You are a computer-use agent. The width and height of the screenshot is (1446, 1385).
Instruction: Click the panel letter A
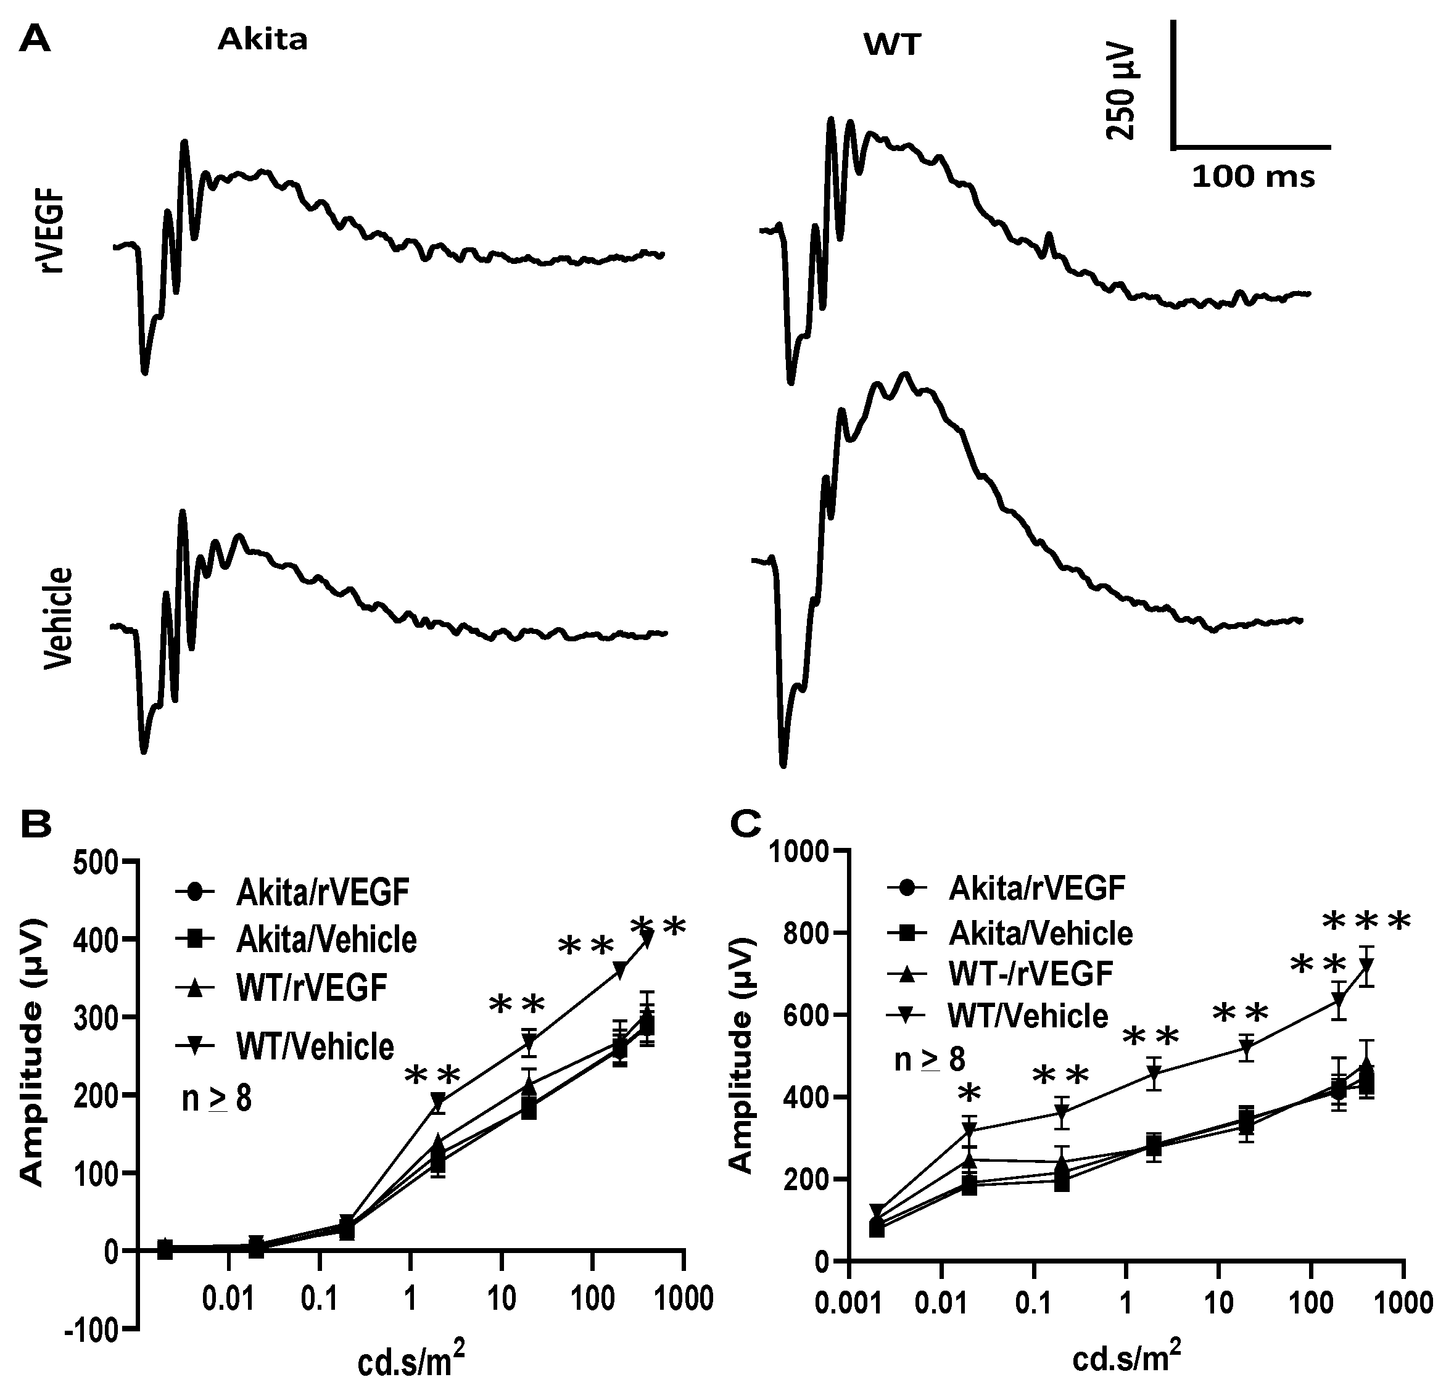coord(35,38)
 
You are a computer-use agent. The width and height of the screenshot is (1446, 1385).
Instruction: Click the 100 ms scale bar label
coord(1254,178)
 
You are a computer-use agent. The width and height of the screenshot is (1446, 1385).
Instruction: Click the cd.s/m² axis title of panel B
coord(411,1361)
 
